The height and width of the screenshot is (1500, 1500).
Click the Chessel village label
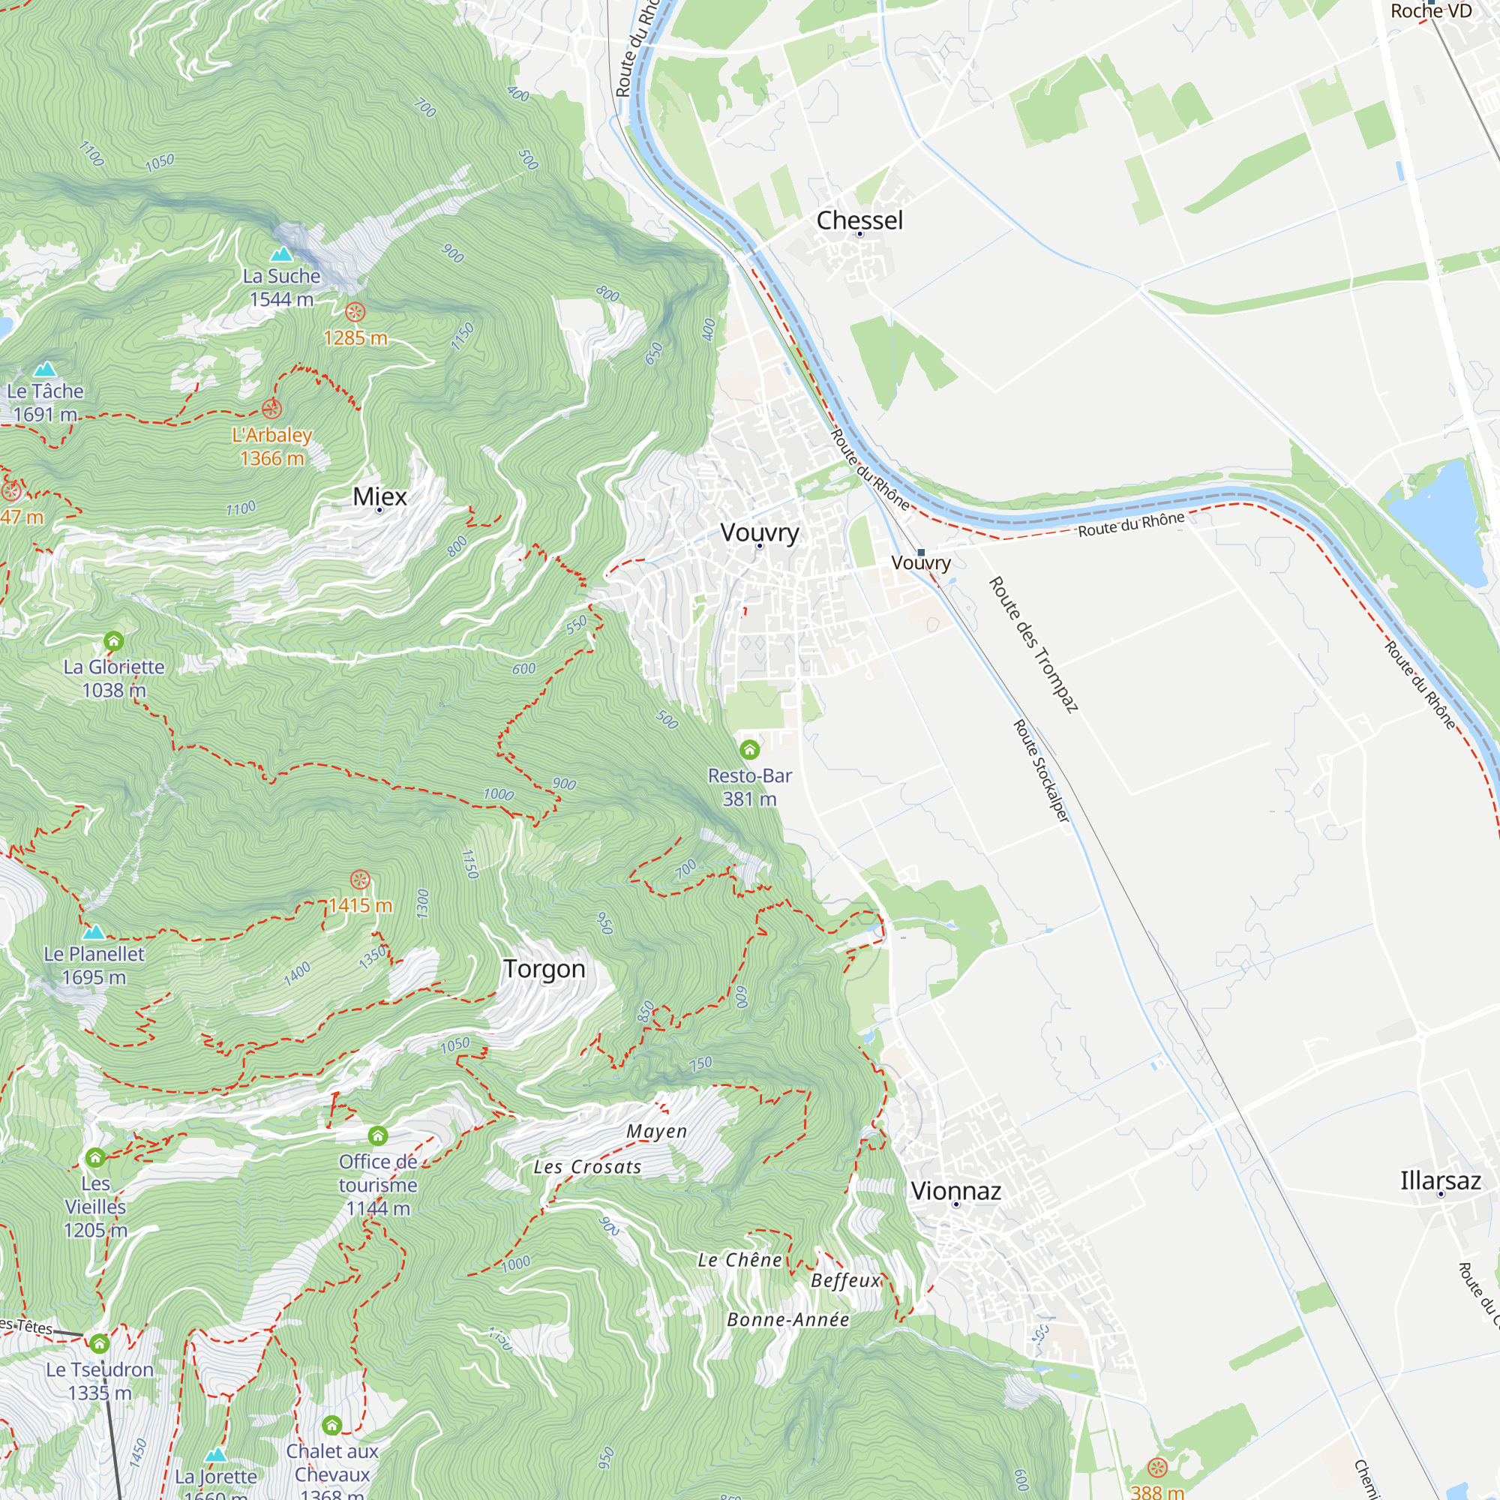coord(859,220)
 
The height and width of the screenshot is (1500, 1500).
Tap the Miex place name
coord(379,496)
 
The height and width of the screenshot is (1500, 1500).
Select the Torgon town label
coord(544,969)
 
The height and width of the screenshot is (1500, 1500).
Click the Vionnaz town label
coord(955,1191)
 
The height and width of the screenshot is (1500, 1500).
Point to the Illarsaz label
coord(1440,1181)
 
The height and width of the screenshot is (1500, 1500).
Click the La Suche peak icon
coord(281,254)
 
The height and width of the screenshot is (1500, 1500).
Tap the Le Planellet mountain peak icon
coord(94,931)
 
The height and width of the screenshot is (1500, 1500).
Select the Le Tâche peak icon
coord(45,369)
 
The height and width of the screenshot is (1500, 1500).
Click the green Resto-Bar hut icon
coord(749,749)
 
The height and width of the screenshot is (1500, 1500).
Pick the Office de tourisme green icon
coord(378,1135)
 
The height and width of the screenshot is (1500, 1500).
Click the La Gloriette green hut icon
coord(114,640)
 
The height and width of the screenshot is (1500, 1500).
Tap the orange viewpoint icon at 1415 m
coord(359,880)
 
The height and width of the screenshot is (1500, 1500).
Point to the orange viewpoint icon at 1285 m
coord(355,312)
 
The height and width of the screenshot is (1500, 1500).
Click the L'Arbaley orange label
coord(271,435)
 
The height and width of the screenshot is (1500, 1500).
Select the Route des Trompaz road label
coord(1033,644)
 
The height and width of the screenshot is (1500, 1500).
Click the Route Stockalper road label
coord(1041,771)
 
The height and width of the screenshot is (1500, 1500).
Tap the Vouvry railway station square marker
coord(922,553)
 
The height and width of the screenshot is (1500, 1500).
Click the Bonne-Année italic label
coord(788,1320)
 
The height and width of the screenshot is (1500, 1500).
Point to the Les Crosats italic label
coord(588,1167)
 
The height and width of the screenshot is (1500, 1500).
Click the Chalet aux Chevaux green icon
coord(331,1425)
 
